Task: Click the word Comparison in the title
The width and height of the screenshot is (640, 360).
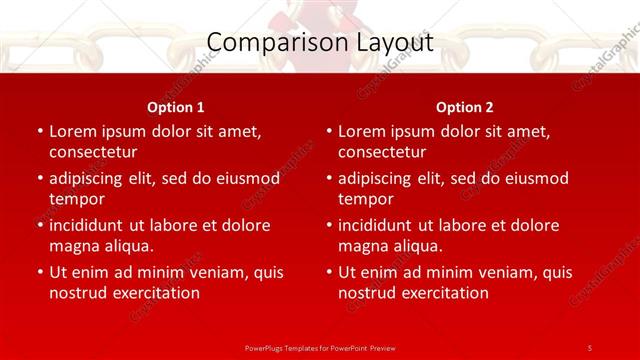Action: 265,43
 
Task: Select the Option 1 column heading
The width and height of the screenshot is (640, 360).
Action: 176,107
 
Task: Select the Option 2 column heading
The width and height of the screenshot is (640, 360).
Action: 465,107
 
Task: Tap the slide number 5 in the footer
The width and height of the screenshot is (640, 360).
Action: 590,347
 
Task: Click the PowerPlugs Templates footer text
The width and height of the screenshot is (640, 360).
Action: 319,347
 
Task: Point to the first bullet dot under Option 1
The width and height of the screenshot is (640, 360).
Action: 40,132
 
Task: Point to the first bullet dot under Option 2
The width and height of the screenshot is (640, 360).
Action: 329,132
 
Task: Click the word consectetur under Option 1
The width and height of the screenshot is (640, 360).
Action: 93,153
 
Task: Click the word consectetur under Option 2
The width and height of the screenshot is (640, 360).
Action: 382,153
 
